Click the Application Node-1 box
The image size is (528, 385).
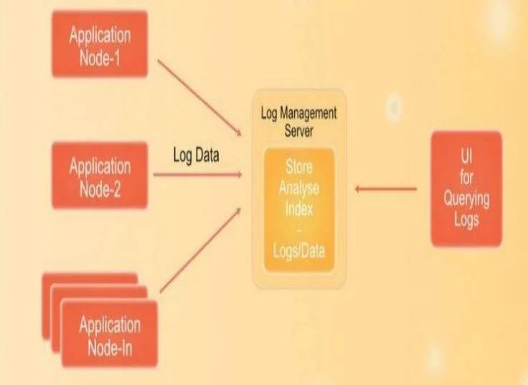[100, 44]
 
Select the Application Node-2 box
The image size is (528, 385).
[100, 175]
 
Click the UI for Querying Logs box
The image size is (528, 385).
[466, 189]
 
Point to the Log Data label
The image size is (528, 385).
[196, 156]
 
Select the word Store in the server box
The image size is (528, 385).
[298, 167]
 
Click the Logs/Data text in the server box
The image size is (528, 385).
[298, 251]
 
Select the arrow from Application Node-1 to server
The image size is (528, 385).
[199, 98]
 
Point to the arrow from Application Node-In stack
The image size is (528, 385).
[200, 250]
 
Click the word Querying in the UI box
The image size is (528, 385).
[466, 199]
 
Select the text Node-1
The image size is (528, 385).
[100, 57]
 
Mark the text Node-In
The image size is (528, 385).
[110, 348]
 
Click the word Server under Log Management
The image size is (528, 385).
[298, 130]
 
